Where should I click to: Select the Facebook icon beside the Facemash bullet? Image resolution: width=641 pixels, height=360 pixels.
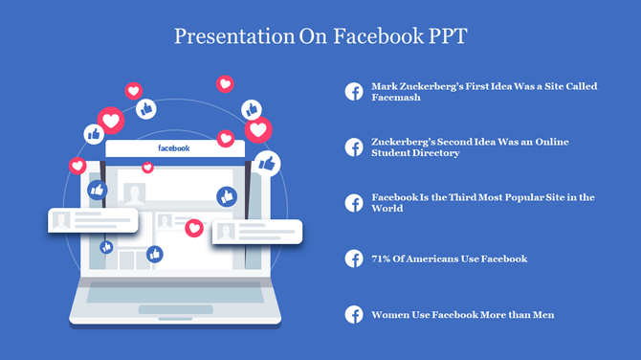[x=354, y=91]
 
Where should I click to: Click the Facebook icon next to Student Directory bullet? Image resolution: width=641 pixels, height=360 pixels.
[x=354, y=146]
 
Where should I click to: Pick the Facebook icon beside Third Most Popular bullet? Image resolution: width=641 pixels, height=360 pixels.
[x=354, y=202]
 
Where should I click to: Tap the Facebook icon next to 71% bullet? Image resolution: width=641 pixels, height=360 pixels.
[x=354, y=259]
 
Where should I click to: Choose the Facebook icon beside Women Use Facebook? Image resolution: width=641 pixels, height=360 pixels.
[x=354, y=314]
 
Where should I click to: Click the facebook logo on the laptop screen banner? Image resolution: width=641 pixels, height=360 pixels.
[x=173, y=148]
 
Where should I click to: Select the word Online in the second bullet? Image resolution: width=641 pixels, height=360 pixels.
[x=551, y=142]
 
